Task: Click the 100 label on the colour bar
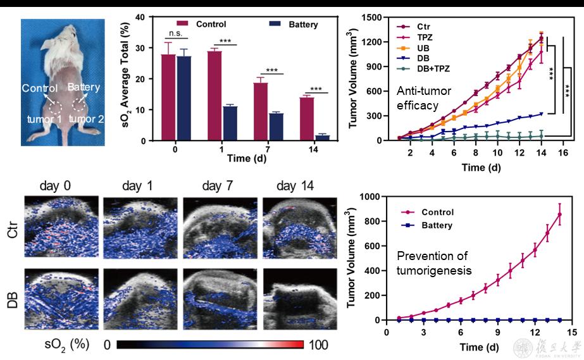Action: coord(320,346)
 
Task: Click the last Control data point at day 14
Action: coord(559,214)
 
